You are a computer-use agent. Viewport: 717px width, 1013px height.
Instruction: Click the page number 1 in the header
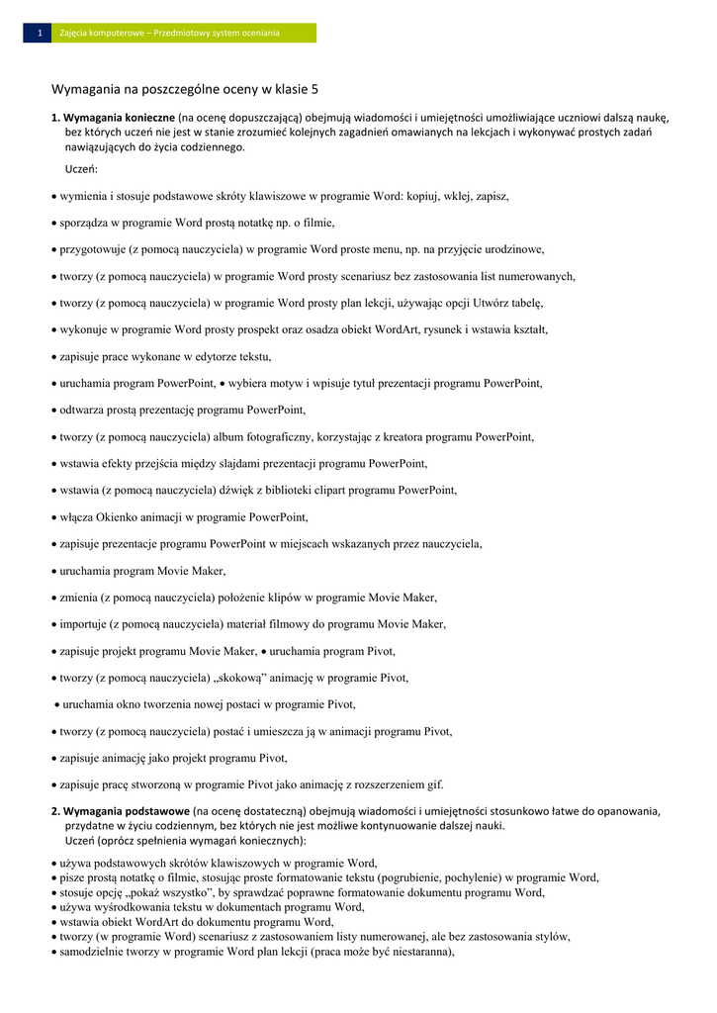point(39,34)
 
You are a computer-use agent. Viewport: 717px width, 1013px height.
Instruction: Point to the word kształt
point(525,329)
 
